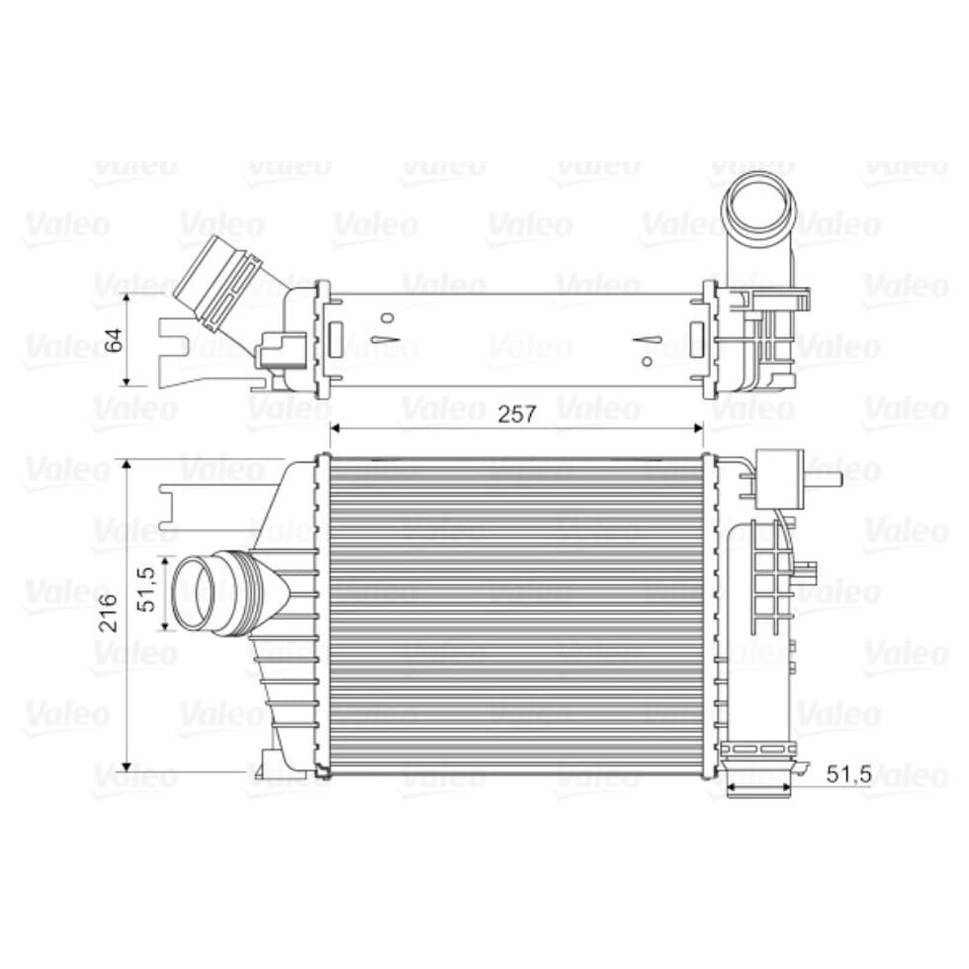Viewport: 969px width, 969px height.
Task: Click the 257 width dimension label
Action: tap(517, 413)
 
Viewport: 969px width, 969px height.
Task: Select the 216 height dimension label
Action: tap(109, 612)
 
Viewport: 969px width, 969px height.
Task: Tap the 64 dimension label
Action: tap(115, 340)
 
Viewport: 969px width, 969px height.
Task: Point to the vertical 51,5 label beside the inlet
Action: tap(147, 591)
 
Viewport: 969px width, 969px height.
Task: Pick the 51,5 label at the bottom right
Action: tap(848, 773)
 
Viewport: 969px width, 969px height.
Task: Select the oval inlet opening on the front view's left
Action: tap(194, 593)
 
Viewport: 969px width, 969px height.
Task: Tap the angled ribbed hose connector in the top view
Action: tap(220, 285)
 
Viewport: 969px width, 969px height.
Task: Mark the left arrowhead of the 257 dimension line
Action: tap(335, 427)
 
